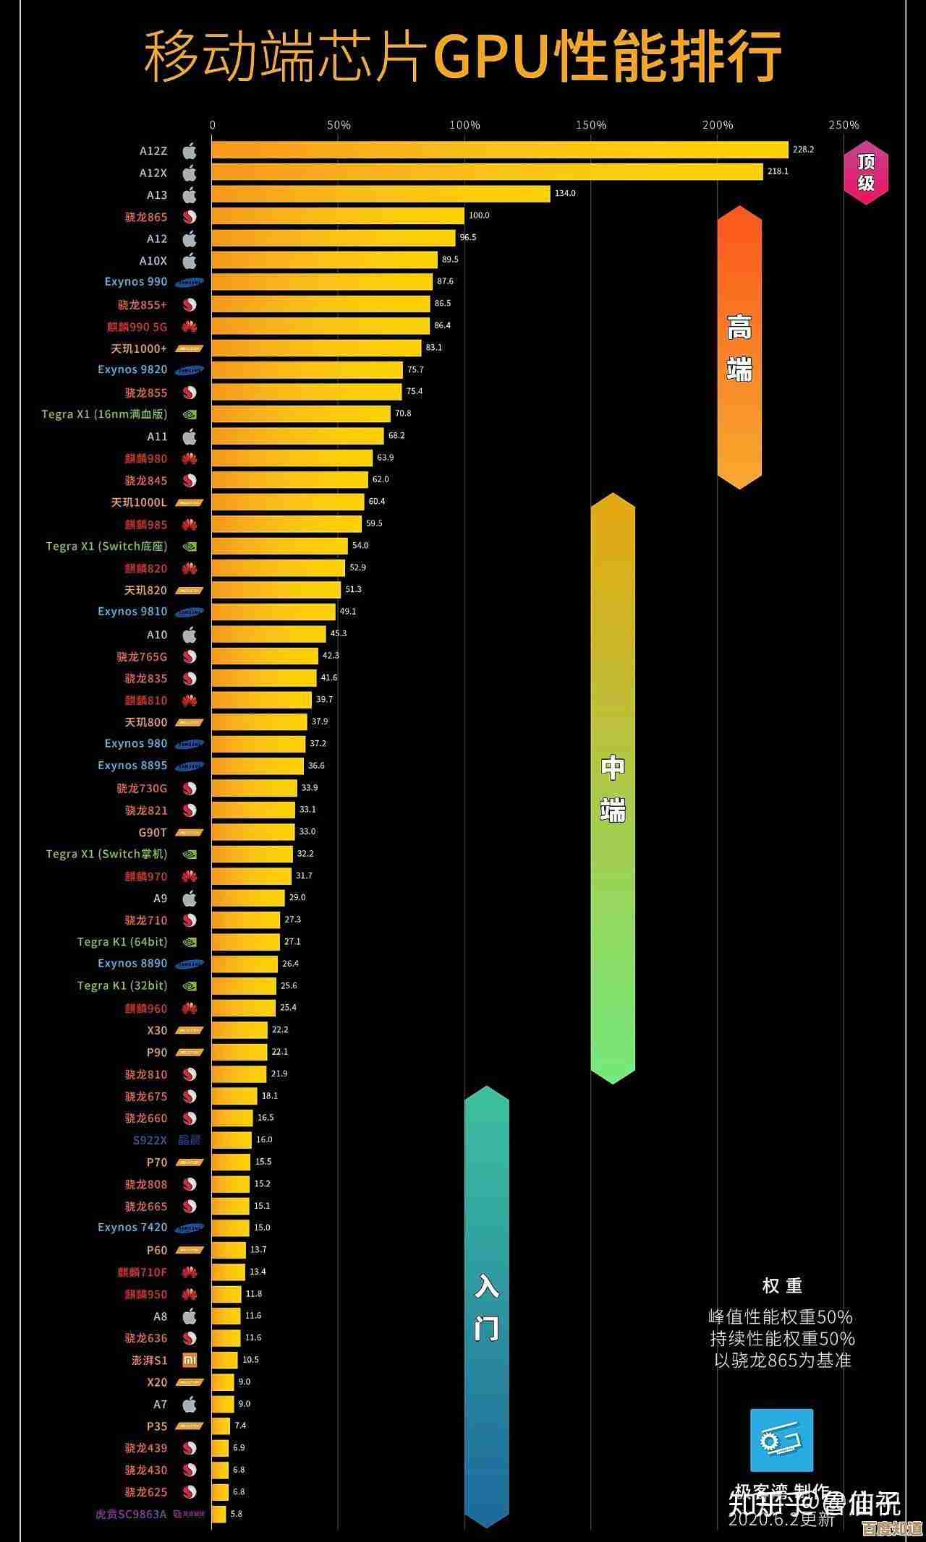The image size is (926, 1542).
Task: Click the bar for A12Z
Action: click(499, 150)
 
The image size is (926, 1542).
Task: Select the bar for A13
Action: click(381, 194)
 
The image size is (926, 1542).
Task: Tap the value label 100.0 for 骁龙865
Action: click(479, 215)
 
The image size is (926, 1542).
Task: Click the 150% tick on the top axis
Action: click(591, 125)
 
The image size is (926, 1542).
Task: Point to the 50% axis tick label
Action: click(339, 125)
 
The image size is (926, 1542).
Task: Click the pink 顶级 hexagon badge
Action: click(866, 173)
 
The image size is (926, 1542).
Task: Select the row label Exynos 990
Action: click(135, 282)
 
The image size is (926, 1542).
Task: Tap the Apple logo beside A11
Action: click(190, 437)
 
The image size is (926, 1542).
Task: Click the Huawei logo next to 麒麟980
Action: click(190, 458)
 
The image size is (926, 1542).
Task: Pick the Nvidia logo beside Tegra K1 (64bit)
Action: click(190, 942)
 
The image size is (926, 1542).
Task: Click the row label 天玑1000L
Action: click(138, 502)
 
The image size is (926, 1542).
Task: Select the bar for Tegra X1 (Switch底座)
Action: click(280, 546)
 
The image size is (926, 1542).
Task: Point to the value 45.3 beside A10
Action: click(339, 633)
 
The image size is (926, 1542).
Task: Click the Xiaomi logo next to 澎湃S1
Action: click(190, 1360)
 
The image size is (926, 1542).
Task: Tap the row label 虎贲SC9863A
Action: click(131, 1514)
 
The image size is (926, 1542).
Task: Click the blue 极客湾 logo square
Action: click(781, 1440)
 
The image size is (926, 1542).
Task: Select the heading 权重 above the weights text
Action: click(782, 1286)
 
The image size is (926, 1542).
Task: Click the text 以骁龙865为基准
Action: click(782, 1360)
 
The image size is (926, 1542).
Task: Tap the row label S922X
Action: click(150, 1140)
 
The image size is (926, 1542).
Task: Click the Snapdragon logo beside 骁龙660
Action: click(190, 1118)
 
